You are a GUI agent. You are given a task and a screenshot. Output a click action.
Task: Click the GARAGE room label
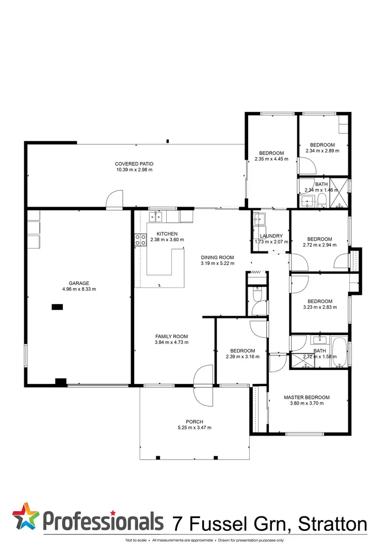pos(79,283)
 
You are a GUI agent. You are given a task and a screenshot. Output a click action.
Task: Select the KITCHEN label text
pos(164,234)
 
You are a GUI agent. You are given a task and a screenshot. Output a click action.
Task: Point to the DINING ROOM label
pos(217,258)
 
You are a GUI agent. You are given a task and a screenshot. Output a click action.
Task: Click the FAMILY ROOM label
pos(171,336)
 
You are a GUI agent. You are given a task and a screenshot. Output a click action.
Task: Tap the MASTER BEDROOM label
pos(307,397)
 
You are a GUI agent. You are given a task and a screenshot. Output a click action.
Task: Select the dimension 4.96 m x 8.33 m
pos(79,289)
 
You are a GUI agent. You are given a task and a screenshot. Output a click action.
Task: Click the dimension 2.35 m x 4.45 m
pos(271,159)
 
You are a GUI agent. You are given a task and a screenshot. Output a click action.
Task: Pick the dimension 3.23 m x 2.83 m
pos(320,307)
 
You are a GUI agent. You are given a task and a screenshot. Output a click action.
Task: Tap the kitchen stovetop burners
pos(140,239)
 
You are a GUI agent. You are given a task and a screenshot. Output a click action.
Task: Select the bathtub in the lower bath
pos(339,352)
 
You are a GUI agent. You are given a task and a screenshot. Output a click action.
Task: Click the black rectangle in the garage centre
pos(57,307)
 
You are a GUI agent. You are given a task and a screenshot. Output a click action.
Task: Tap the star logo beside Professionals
pos(25,517)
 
